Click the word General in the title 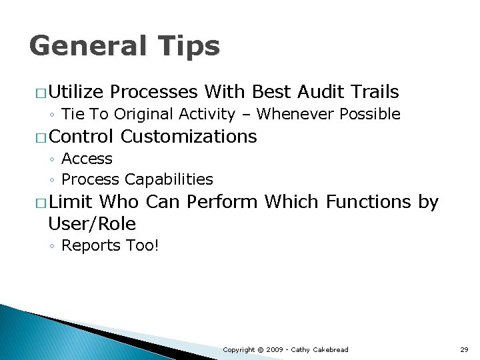pyautogui.click(x=88, y=47)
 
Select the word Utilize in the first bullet pyautogui.click(x=76, y=92)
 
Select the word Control pyautogui.click(x=81, y=137)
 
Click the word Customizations pyautogui.click(x=189, y=137)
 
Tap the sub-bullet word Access pyautogui.click(x=87, y=159)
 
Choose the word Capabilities pyautogui.click(x=169, y=180)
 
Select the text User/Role pyautogui.click(x=92, y=223)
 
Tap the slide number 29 pyautogui.click(x=465, y=350)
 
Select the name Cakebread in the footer pyautogui.click(x=331, y=350)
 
